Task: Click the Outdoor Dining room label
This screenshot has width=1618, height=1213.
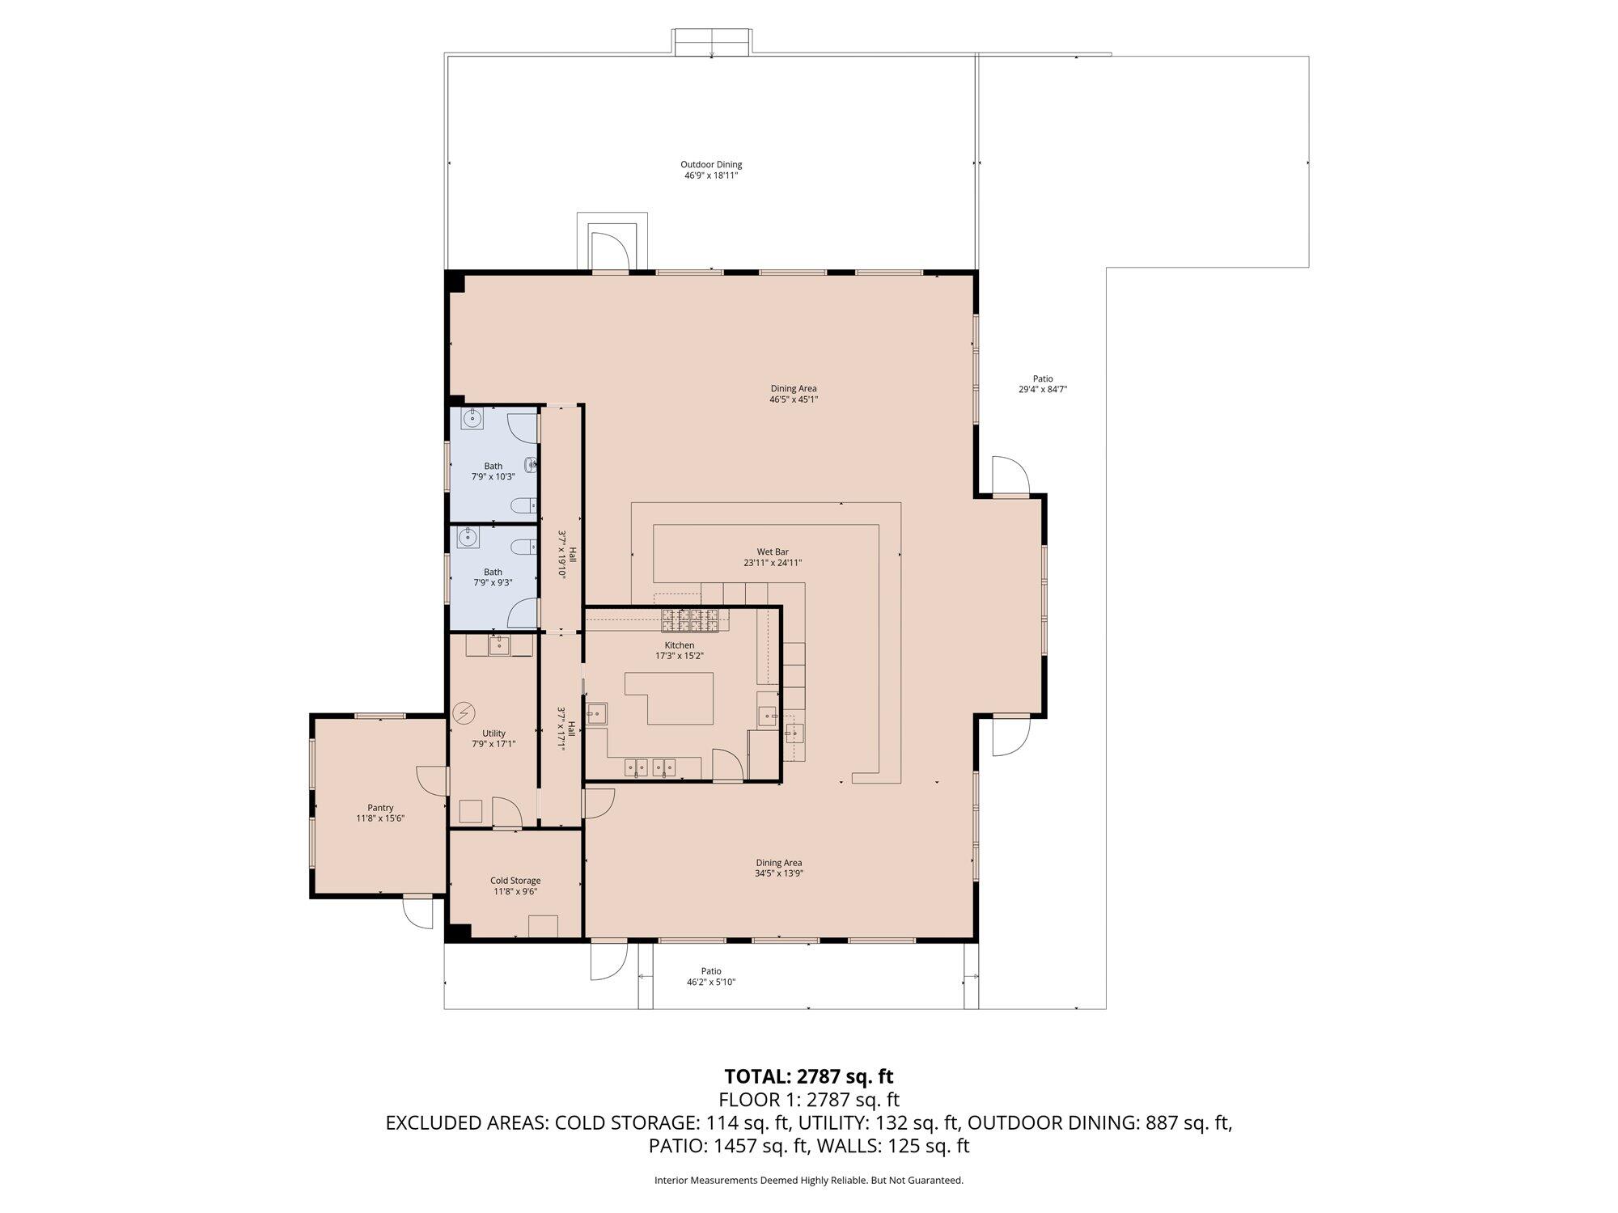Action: (711, 165)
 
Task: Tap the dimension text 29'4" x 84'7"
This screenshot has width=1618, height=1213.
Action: (1043, 389)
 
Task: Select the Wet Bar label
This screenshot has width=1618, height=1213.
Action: (773, 552)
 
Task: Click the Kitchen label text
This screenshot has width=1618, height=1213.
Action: (680, 645)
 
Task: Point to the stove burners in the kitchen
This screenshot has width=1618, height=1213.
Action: (690, 620)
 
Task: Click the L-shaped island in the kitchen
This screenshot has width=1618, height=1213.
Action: (669, 698)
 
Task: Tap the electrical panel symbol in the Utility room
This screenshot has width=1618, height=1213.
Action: (464, 712)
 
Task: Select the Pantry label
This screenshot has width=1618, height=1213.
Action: (380, 808)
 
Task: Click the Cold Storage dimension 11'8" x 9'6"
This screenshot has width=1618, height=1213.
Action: (516, 891)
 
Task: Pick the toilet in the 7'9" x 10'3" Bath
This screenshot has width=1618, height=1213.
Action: (522, 507)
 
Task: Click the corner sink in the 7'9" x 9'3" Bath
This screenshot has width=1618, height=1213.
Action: (467, 537)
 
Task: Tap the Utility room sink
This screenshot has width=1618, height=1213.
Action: (498, 645)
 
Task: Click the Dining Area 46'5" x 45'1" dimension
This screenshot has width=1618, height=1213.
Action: (794, 399)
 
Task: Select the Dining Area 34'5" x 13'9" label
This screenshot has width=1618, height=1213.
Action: (779, 863)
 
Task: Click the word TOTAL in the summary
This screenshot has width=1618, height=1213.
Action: (757, 1076)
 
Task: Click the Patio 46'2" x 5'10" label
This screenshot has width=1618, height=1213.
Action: (711, 977)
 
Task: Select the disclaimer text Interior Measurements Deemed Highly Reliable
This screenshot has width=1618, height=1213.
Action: (760, 1181)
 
